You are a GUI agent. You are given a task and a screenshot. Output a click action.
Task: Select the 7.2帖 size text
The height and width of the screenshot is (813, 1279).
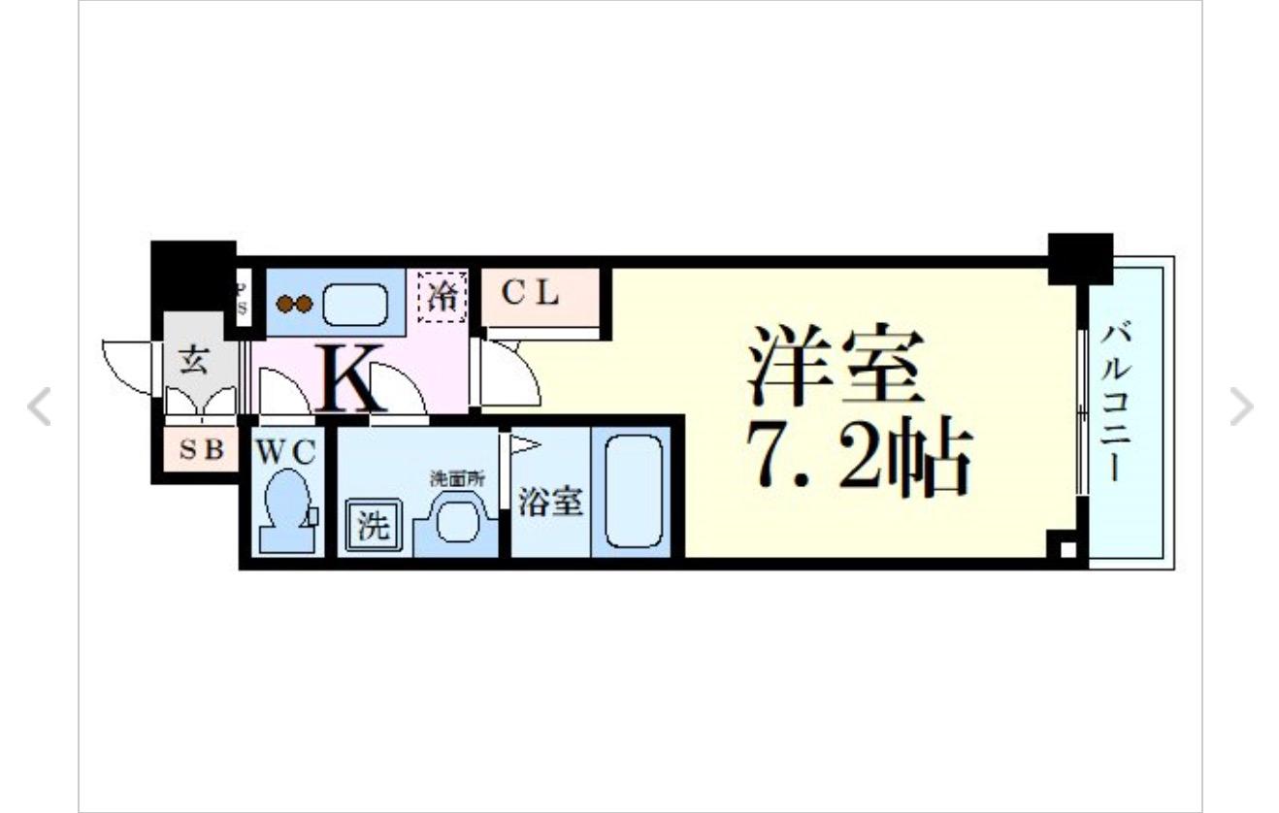[858, 459]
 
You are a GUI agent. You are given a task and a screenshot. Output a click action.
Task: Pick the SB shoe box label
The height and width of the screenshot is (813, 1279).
[202, 449]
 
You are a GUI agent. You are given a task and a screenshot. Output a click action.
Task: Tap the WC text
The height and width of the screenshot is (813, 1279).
[285, 452]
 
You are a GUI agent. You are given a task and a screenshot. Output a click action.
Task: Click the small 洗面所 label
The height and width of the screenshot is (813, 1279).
[458, 478]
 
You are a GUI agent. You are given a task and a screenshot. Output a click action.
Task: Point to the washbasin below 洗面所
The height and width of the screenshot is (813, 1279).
[455, 522]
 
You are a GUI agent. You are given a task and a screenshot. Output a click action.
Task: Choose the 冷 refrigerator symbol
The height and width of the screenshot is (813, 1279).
[443, 295]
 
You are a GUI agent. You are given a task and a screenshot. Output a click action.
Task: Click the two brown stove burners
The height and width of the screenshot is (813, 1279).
[293, 304]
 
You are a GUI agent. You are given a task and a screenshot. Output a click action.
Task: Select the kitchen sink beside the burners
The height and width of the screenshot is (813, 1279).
[355, 304]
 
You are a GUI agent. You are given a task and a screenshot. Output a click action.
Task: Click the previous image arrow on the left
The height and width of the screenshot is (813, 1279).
[39, 407]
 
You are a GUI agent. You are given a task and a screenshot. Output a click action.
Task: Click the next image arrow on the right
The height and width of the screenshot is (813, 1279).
[1241, 407]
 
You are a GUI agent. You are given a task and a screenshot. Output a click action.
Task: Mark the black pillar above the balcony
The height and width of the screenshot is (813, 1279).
[1080, 257]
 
